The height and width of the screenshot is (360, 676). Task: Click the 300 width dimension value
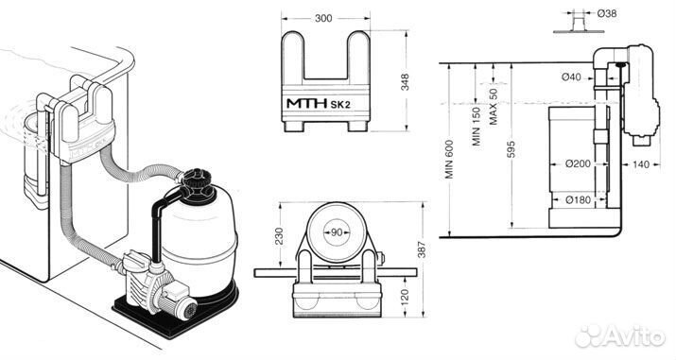point(323,18)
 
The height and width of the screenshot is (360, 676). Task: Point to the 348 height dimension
point(405,82)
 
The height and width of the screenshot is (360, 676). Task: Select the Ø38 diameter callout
point(607,13)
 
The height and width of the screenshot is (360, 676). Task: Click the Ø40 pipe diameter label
point(571,77)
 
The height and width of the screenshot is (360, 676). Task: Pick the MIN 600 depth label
point(449,159)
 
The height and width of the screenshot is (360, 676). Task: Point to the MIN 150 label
point(476,127)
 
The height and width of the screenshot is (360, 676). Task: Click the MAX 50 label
point(494,107)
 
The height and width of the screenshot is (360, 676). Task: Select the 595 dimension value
point(511,149)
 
